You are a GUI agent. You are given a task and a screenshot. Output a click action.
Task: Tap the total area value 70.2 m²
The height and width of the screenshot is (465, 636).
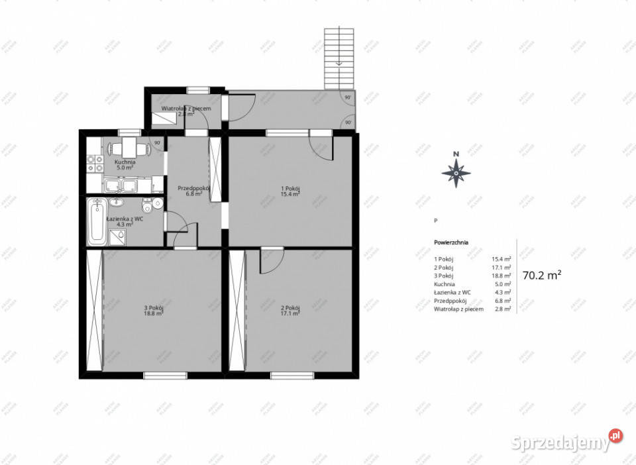click(x=542, y=275)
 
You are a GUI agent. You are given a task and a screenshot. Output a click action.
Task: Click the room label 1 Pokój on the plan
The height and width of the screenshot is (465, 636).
click(x=290, y=191)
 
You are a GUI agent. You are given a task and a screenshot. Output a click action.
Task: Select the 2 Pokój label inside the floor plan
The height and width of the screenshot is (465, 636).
click(x=290, y=310)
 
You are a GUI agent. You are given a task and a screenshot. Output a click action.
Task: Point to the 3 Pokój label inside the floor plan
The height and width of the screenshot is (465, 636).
click(x=154, y=310)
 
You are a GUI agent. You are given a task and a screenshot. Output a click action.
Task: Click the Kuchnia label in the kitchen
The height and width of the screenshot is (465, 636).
click(x=125, y=164)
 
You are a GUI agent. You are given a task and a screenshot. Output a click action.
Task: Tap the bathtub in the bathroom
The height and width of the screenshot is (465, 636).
click(x=97, y=221)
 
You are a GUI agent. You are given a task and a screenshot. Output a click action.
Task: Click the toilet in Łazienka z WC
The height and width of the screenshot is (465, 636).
click(x=156, y=207)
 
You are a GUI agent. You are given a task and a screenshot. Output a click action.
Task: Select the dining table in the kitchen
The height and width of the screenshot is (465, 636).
click(x=125, y=147)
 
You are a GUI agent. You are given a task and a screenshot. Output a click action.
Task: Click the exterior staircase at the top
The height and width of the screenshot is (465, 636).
click(x=339, y=58)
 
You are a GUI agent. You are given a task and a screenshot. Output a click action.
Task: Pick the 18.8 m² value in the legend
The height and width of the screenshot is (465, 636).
click(x=501, y=276)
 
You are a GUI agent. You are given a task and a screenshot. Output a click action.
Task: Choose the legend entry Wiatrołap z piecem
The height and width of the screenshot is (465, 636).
click(x=458, y=309)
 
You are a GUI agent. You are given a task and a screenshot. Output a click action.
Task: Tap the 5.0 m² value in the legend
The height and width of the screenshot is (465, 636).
click(x=502, y=284)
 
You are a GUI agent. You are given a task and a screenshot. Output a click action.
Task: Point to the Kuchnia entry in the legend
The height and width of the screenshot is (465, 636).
click(x=444, y=284)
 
